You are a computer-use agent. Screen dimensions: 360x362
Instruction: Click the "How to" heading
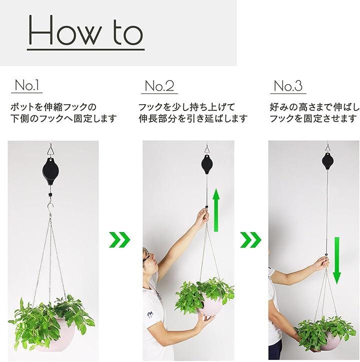tap(85, 30)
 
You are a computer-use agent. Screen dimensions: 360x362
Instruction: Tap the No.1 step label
tap(27, 85)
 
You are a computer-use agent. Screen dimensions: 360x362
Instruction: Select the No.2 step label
tap(159, 85)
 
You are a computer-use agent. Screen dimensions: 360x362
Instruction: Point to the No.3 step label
tap(287, 85)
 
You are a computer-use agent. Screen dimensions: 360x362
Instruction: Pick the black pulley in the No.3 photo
tap(328, 160)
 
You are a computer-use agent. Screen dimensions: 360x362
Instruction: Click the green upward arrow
tap(216, 209)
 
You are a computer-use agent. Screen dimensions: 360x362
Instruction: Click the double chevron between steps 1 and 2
tap(119, 240)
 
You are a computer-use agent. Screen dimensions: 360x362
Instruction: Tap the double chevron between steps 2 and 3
tap(251, 240)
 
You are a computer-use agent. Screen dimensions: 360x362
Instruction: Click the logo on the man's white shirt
tap(151, 315)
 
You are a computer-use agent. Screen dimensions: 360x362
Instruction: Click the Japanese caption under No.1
tap(63, 113)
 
